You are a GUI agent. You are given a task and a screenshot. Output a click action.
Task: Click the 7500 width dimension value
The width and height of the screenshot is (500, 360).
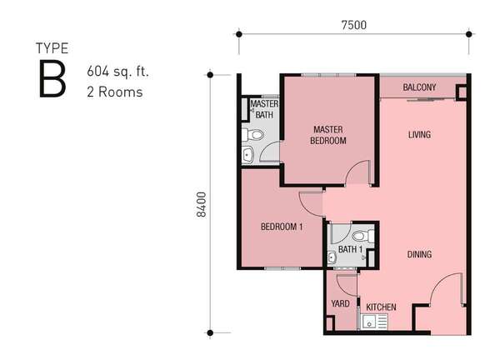coord(353,25)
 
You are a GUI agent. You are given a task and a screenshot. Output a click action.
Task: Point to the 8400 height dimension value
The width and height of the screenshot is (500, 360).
coord(202,205)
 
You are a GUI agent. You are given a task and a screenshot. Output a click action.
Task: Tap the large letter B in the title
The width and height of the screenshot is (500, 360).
coord(52,79)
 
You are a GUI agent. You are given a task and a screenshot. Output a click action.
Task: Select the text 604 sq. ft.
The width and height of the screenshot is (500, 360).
coord(117,71)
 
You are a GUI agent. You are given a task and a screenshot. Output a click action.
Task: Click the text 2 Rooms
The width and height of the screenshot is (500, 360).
coord(115,92)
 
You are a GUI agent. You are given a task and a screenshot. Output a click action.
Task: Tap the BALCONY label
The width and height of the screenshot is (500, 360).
coord(419,87)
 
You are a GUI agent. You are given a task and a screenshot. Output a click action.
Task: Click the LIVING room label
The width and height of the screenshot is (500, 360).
coord(419,134)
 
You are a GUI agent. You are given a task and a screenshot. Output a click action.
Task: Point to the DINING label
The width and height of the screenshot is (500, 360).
coord(419,254)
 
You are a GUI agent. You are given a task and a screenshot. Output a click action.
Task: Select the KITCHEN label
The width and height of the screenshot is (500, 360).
coord(381,307)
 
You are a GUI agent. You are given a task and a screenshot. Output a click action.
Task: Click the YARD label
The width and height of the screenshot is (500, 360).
coord(340,303)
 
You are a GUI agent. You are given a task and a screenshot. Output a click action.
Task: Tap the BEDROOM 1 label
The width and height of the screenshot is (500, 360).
coord(282,227)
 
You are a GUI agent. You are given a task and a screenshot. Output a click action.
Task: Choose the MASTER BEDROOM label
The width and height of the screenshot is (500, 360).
coord(328,135)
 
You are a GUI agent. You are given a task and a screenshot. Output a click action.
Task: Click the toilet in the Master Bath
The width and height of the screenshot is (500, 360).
coord(252,134)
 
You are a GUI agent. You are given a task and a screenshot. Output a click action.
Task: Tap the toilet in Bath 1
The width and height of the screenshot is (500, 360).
coord(363,237)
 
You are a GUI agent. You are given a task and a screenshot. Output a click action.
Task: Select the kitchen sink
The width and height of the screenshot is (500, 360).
coord(374,322)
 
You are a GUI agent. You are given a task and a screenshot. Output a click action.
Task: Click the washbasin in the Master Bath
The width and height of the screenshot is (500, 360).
coord(247,155)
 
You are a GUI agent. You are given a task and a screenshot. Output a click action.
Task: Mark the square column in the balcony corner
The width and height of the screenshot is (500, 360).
coord(462,92)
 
